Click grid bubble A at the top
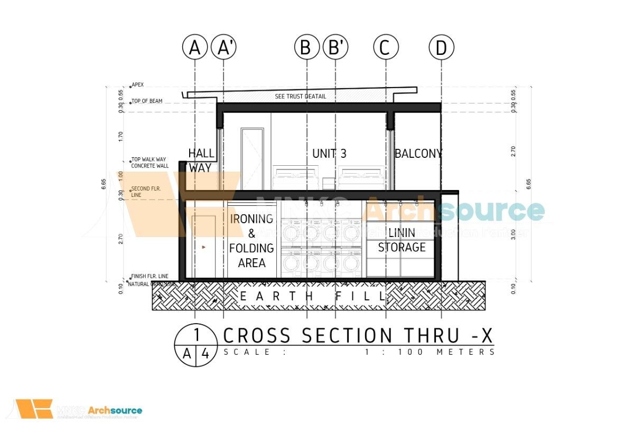[195, 48]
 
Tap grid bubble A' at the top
[223, 48]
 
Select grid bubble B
[306, 48]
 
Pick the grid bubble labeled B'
[335, 48]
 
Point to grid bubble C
[386, 48]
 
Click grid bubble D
[441, 48]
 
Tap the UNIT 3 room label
[329, 154]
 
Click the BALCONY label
[418, 154]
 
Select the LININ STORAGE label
[402, 240]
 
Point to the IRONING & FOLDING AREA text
[251, 240]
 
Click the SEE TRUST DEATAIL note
[301, 97]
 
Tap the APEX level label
[137, 84]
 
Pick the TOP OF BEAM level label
[147, 101]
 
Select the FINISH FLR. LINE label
[150, 276]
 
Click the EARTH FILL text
[313, 297]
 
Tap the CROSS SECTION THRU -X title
[358, 335]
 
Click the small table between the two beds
[329, 184]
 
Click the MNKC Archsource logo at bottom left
[79, 410]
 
